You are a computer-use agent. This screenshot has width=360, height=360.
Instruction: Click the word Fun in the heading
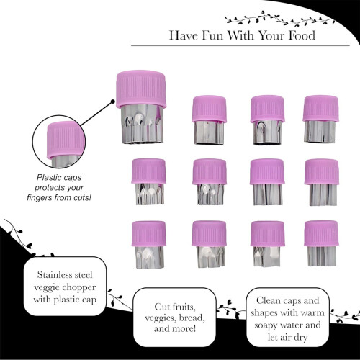click(x=212, y=35)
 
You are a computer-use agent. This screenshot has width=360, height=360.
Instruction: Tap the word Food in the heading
click(x=302, y=35)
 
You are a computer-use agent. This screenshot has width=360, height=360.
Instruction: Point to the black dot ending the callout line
click(x=112, y=102)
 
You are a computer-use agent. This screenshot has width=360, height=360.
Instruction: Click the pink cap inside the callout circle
click(x=66, y=139)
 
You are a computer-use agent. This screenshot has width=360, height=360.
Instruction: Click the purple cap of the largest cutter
click(x=141, y=89)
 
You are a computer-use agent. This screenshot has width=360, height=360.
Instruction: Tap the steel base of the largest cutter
click(x=143, y=124)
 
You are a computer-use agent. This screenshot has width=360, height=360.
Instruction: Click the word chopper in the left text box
click(x=80, y=287)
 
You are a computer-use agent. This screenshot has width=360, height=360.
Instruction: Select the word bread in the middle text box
click(x=192, y=318)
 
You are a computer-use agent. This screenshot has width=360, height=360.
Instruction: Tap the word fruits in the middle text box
click(x=184, y=307)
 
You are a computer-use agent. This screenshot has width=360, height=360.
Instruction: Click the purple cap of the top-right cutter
click(x=320, y=108)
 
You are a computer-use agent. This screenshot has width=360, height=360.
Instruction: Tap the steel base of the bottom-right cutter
click(x=322, y=256)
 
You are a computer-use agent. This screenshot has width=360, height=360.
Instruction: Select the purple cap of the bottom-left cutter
click(x=149, y=234)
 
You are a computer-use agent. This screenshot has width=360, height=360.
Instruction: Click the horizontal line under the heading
click(x=240, y=45)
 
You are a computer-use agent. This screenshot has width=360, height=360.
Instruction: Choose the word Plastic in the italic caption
click(x=48, y=178)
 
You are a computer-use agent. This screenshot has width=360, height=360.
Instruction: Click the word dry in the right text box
click(x=300, y=338)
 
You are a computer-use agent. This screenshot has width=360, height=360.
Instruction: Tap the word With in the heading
click(x=240, y=35)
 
